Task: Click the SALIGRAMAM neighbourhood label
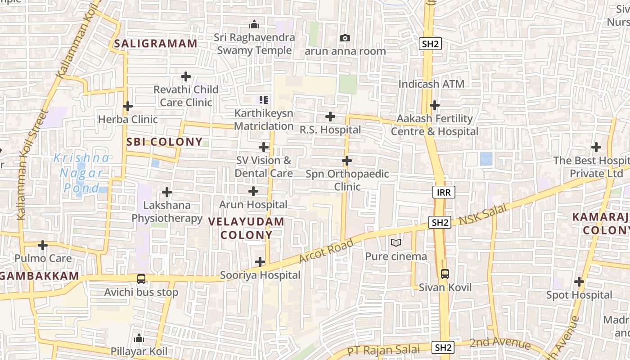click(x=155, y=44)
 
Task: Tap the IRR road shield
click(x=445, y=192)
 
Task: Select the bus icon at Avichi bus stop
click(x=141, y=279)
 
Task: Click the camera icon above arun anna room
click(x=345, y=38)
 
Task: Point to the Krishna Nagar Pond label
click(x=82, y=173)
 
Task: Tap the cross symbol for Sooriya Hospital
click(x=260, y=262)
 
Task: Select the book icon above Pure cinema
click(x=396, y=243)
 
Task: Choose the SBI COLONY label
click(x=164, y=142)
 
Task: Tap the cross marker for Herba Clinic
click(x=128, y=106)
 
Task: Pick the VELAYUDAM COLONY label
click(x=247, y=228)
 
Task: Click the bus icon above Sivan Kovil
click(x=445, y=274)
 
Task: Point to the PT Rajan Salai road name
click(x=384, y=350)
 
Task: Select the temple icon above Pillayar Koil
click(x=139, y=338)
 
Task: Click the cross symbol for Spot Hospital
click(x=579, y=282)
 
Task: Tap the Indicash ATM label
click(x=431, y=84)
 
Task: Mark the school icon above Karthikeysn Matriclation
click(x=264, y=99)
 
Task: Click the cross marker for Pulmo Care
click(x=43, y=245)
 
